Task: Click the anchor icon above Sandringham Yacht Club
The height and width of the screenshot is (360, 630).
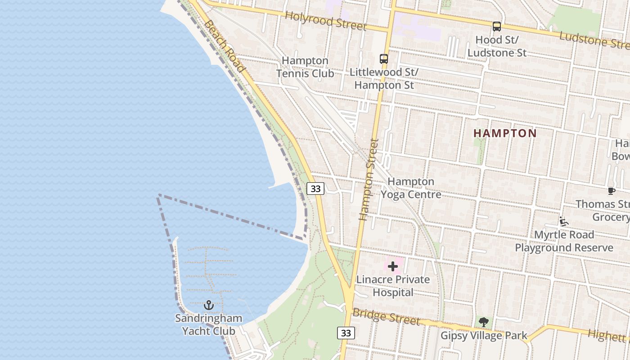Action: point(208,306)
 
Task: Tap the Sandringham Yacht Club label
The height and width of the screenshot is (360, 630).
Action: point(208,325)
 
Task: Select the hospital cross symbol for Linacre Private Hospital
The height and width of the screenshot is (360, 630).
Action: point(393,266)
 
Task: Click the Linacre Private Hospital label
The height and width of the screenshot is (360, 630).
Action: point(393,286)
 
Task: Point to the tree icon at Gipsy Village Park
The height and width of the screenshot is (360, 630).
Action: point(484,322)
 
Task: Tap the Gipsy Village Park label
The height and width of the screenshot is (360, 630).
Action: point(484,336)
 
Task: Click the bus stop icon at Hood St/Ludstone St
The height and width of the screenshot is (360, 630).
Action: point(497,27)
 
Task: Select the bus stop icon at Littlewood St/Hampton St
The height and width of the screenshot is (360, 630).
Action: point(384,59)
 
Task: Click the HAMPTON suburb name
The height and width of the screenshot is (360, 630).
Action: point(505,133)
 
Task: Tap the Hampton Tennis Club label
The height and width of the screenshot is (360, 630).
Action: point(305,67)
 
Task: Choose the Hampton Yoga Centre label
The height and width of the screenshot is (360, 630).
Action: point(411,188)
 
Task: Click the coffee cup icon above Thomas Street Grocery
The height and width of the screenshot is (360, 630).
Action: point(611,191)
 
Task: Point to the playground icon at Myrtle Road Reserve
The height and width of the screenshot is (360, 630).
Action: point(563,221)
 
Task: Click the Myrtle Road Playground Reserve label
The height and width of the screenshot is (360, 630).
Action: point(564,241)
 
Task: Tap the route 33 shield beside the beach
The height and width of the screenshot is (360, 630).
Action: point(315,189)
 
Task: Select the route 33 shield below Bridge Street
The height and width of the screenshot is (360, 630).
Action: point(346,333)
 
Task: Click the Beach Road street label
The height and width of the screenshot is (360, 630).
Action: point(225,46)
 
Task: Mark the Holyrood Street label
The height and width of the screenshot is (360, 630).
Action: point(326,21)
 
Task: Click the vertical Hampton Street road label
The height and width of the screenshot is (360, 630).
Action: point(369,179)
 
